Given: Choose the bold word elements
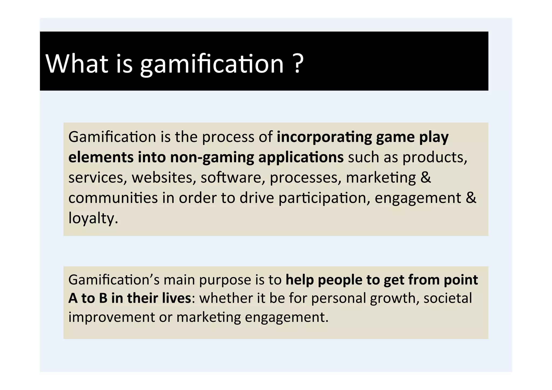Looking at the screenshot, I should coord(101,157).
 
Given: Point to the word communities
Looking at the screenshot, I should coord(113,198).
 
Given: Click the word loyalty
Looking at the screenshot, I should coord(93,218).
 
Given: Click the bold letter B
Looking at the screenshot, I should coord(103,298).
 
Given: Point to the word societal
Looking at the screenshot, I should coord(448,298).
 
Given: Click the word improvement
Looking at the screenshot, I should coord(112,317).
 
